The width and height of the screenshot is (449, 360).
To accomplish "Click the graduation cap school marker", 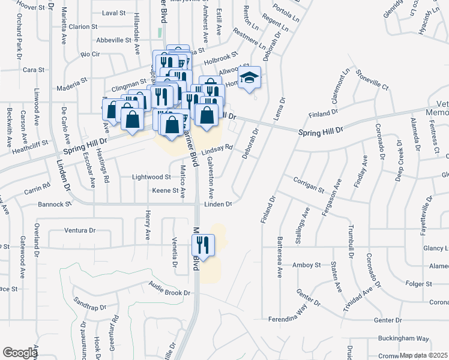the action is [249, 78].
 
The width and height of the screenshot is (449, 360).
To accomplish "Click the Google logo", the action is [20, 353].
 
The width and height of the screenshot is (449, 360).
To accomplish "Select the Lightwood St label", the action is [152, 177].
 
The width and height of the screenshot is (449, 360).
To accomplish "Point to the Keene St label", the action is [166, 191].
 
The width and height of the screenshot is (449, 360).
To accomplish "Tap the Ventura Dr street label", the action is [80, 230].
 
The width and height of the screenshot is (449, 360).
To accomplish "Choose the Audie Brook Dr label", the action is [169, 293].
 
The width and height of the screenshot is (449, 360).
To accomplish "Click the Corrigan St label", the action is [309, 185].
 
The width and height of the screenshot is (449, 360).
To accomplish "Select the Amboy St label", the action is [307, 265].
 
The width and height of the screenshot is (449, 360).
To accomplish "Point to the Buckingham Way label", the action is [408, 338].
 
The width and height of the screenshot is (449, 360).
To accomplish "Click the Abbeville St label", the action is [114, 40].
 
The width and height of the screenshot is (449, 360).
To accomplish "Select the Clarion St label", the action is [83, 26].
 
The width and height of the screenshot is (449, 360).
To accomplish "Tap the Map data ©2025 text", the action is [423, 355].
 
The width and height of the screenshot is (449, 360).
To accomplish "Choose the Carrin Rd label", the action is [37, 187].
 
